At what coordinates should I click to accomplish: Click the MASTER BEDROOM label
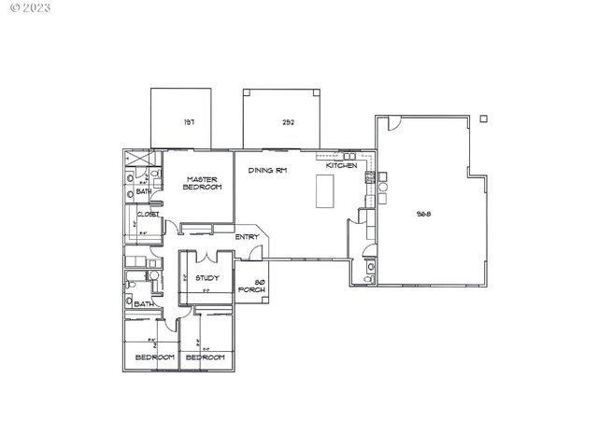pyautogui.click(x=202, y=183)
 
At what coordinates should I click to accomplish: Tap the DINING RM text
pyautogui.click(x=266, y=171)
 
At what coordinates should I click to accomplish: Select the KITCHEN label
pyautogui.click(x=341, y=165)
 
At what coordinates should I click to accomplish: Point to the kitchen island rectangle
pyautogui.click(x=325, y=190)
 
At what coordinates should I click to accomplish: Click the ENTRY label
pyautogui.click(x=247, y=237)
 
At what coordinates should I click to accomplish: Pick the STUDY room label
pyautogui.click(x=206, y=277)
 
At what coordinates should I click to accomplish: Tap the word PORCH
pyautogui.click(x=252, y=291)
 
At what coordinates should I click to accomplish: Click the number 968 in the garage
pyautogui.click(x=422, y=214)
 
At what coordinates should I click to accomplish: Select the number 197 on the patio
pyautogui.click(x=188, y=122)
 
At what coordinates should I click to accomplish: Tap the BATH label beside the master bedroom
pyautogui.click(x=144, y=192)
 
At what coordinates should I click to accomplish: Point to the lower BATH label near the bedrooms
pyautogui.click(x=144, y=304)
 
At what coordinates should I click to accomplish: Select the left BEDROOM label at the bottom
pyautogui.click(x=155, y=357)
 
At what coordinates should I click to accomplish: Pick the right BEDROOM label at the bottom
pyautogui.click(x=205, y=357)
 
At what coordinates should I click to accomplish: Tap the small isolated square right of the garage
pyautogui.click(x=482, y=119)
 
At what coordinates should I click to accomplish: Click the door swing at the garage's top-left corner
pyautogui.click(x=393, y=122)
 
